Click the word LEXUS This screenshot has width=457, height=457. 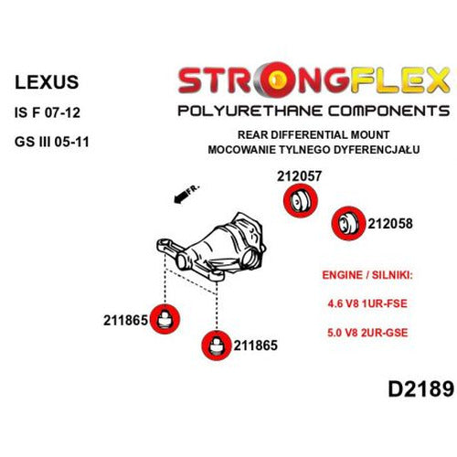click(47, 82)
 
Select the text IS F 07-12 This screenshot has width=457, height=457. click(48, 112)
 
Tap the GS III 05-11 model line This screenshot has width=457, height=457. click(52, 142)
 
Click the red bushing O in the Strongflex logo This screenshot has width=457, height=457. click(277, 79)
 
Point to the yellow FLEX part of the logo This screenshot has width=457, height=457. click(399, 80)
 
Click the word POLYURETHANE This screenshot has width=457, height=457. click(250, 111)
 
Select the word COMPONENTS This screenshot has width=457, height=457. click(388, 111)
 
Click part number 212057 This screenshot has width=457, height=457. click(299, 176)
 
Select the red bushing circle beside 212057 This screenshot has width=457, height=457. click(301, 201)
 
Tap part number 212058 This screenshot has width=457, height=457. click(390, 224)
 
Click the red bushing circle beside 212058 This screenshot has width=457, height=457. click(348, 223)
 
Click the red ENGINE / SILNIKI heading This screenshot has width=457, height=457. click(367, 275)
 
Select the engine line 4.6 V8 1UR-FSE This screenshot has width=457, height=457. click(367, 303)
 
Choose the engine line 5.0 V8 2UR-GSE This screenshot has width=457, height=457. click(367, 333)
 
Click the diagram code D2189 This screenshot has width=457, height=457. click(421, 388)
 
